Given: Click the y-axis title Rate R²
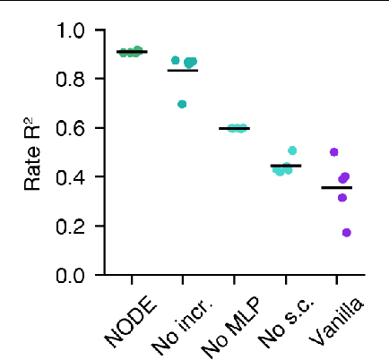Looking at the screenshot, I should (33, 153).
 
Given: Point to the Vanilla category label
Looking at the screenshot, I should (339, 320).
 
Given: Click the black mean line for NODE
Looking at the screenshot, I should (133, 52).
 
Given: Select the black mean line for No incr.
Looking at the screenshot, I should (183, 70).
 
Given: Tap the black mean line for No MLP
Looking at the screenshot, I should (235, 129).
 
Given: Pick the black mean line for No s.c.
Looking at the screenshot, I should (286, 166).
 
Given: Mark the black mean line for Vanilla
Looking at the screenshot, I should (337, 187).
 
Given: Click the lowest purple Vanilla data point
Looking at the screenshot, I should (346, 233).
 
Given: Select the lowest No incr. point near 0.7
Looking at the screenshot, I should (182, 104).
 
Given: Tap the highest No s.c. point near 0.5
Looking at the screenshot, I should (292, 150).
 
